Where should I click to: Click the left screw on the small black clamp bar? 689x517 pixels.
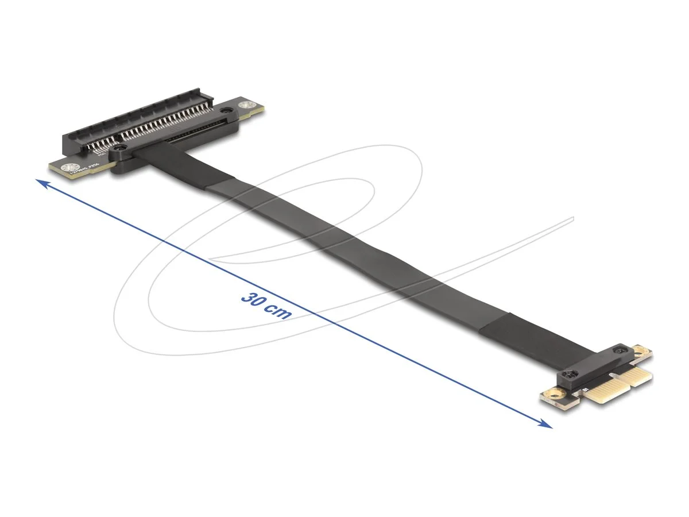569,374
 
